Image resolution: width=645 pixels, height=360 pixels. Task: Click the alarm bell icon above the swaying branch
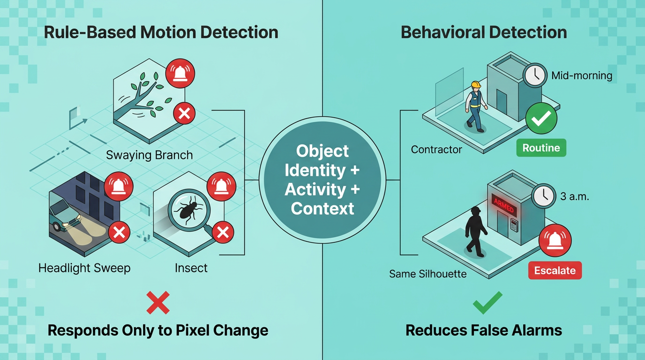tap(180, 73)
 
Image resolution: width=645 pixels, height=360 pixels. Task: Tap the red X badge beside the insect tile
tap(223, 232)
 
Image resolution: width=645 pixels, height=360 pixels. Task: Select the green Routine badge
tap(541, 148)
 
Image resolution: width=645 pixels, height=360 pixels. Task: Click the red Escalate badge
tap(555, 270)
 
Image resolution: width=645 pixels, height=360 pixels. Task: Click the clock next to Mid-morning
tap(535, 75)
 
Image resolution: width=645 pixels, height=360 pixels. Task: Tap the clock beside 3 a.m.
tap(543, 196)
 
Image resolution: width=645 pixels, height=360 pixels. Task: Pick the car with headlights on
tap(64, 215)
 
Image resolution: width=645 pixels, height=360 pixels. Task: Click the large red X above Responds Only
tap(158, 302)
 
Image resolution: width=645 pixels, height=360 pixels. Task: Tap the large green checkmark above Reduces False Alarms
tap(487, 302)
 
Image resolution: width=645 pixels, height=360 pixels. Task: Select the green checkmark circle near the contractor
tap(541, 119)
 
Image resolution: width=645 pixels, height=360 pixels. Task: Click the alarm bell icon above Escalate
tap(555, 240)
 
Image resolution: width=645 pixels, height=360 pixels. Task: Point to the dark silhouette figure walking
tap(475, 232)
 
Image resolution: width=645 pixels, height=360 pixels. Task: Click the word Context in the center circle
tap(322, 208)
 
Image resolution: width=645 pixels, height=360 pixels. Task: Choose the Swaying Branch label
tap(149, 155)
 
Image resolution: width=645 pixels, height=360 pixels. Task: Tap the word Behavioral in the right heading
tap(442, 32)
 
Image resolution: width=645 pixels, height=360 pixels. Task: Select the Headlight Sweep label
tap(84, 268)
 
